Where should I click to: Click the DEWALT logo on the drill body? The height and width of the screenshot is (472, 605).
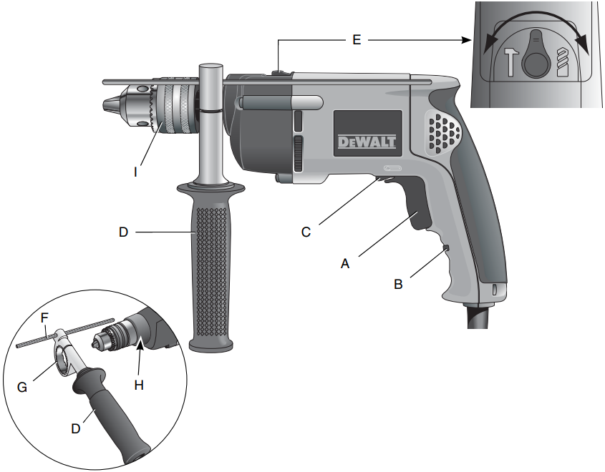coord(366,141)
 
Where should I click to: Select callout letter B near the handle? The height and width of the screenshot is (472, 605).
coord(399,284)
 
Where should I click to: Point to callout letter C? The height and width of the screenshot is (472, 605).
coord(306,231)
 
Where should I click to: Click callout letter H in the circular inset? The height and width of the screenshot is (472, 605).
coord(139,385)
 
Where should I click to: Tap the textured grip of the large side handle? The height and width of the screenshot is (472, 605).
coord(212,272)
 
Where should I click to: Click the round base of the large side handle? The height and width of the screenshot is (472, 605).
coord(212,345)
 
